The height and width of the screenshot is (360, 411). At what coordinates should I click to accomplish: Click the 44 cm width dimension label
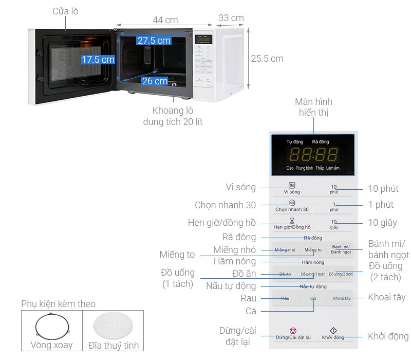(x=165, y=20)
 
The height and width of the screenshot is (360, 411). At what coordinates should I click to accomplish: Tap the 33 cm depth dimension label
(x=231, y=18)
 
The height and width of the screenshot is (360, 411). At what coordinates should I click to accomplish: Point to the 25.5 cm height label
(x=267, y=59)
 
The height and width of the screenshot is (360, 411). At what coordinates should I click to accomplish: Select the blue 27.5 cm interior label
(x=154, y=40)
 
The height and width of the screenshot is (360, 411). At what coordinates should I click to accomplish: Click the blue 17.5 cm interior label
(x=98, y=60)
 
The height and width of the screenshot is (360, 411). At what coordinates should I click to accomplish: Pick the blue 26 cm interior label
(x=155, y=81)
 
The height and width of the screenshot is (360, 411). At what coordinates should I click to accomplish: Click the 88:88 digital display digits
(x=313, y=154)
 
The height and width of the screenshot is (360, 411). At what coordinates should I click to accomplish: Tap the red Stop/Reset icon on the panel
(x=293, y=330)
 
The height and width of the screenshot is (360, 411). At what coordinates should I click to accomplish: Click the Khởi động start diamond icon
(x=333, y=330)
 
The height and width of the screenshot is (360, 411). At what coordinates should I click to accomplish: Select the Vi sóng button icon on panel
(x=292, y=185)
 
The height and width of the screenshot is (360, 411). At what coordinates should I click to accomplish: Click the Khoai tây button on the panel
(x=341, y=298)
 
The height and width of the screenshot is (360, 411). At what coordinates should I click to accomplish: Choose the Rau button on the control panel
(x=285, y=298)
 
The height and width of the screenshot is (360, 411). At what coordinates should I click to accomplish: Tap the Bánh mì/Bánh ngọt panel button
(x=341, y=249)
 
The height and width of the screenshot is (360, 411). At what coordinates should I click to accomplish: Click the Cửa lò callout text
(x=65, y=11)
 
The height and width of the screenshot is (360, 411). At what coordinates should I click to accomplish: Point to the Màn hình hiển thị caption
(x=313, y=107)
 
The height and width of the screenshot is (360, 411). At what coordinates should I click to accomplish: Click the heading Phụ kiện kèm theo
(x=58, y=304)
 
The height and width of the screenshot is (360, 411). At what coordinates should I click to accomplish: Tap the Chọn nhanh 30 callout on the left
(x=225, y=205)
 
